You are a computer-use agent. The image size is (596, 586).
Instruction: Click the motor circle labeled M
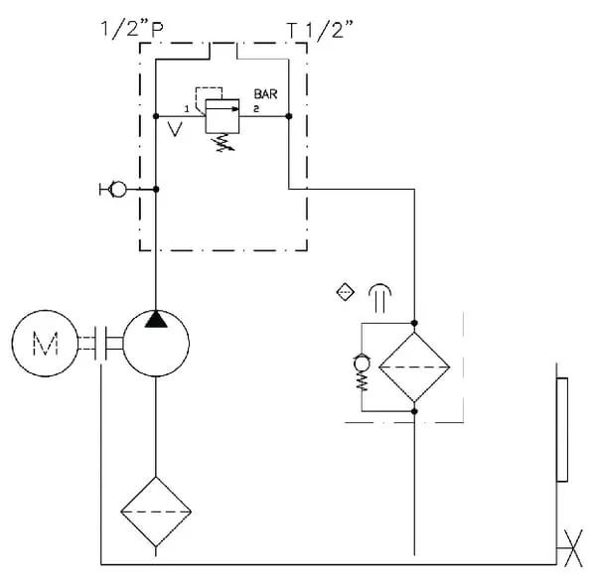click(x=46, y=345)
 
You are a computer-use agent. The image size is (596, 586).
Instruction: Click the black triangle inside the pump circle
click(x=156, y=320)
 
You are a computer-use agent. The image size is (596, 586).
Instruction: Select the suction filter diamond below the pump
click(x=156, y=513)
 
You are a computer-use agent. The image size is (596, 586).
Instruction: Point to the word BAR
click(x=266, y=95)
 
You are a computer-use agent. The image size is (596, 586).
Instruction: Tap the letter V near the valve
click(x=175, y=129)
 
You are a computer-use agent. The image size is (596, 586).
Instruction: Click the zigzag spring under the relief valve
click(x=222, y=145)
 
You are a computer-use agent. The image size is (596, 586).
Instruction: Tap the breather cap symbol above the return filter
click(x=380, y=293)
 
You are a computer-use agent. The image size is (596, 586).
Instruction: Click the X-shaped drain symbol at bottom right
click(x=570, y=548)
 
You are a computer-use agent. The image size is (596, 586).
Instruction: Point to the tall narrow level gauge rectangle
click(x=563, y=430)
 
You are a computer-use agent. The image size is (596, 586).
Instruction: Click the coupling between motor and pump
click(x=102, y=344)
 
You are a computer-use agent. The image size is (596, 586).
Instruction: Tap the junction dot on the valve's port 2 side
click(x=288, y=117)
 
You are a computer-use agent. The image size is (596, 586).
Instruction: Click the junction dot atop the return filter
click(x=415, y=323)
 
